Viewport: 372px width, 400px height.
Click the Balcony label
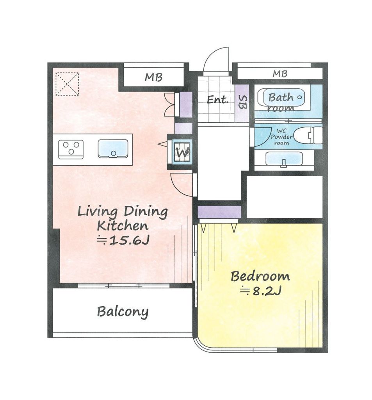[x=123, y=311]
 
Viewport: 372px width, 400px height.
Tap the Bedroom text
[x=260, y=276]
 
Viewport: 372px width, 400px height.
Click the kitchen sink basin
[x=113, y=149]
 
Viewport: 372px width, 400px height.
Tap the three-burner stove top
[x=71, y=150]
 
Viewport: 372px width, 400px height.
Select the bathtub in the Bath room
[x=281, y=97]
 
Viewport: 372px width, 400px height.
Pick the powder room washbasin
[x=284, y=159]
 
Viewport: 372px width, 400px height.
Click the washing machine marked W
[x=182, y=152]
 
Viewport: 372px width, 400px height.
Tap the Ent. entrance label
[x=217, y=100]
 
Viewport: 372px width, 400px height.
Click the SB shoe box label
[x=242, y=102]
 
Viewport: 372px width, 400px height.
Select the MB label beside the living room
[x=153, y=77]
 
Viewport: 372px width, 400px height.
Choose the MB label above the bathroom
[x=280, y=74]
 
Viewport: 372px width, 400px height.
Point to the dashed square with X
[x=67, y=84]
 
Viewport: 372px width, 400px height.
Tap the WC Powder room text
[x=281, y=137]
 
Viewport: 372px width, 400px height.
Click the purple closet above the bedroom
[x=219, y=212]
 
